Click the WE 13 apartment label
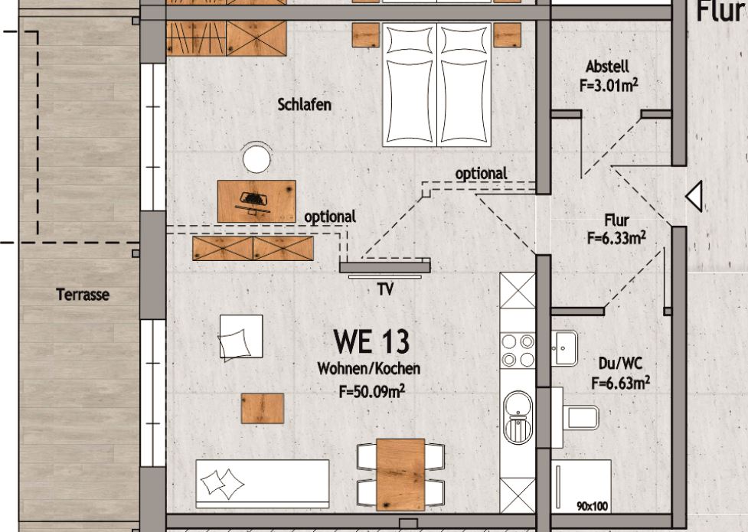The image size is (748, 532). (371, 341)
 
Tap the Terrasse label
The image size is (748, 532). (83, 295)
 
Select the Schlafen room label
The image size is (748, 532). (305, 105)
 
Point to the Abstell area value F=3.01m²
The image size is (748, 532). (609, 86)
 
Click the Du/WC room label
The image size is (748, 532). (620, 364)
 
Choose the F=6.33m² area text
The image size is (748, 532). (616, 237)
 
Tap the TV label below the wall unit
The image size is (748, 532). (385, 289)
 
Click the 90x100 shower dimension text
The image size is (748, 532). (593, 506)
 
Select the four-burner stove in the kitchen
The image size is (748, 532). (518, 351)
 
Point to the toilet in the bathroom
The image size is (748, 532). (576, 417)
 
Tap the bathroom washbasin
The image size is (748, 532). (565, 348)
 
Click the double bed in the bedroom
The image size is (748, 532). (437, 84)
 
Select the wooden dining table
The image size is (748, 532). (400, 475)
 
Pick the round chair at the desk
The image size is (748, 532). (256, 158)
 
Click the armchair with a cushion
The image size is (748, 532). (241, 337)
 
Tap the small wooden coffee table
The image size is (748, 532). (263, 409)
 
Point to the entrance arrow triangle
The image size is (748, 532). (694, 196)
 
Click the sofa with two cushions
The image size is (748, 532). (263, 484)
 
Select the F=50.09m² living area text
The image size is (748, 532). (372, 392)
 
